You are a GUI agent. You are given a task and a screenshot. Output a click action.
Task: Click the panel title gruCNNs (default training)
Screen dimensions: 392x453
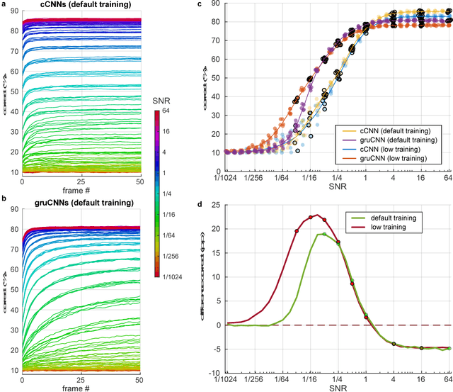click(x=81, y=203)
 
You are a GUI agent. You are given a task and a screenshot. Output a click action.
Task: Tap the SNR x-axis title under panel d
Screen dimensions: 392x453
click(x=338, y=387)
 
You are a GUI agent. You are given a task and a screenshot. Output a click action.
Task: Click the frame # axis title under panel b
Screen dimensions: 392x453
click(x=81, y=387)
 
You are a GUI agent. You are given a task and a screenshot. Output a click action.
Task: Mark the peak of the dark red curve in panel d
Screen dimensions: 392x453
click(x=316, y=215)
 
